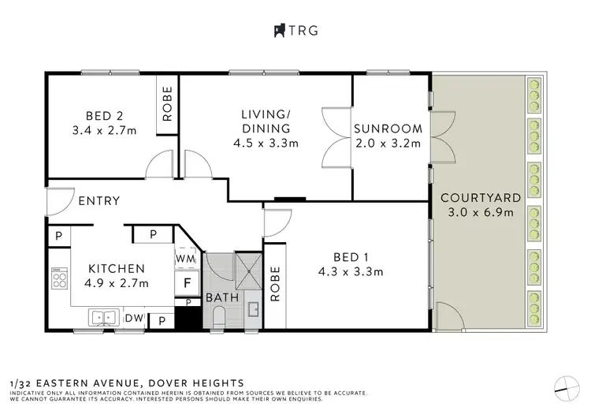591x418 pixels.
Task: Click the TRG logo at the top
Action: [x=295, y=31]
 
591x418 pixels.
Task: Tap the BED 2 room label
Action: [x=104, y=116]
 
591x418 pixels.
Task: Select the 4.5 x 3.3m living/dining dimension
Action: [x=266, y=144]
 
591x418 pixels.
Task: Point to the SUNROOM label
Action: [x=388, y=129]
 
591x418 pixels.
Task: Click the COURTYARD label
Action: [x=481, y=198]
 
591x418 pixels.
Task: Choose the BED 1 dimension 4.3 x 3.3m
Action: [x=351, y=271]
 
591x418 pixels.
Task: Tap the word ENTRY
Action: [x=99, y=200]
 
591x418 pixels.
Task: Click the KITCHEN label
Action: [x=117, y=269]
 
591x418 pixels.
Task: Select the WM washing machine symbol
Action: [x=186, y=258]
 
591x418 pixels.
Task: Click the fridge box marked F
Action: [x=187, y=283]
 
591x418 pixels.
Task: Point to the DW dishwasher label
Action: [x=134, y=319]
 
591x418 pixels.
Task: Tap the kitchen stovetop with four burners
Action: [x=60, y=278]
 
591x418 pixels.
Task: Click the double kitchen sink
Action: [x=104, y=318]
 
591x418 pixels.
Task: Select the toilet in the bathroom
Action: [x=218, y=317]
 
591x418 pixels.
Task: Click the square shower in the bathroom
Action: [x=249, y=271]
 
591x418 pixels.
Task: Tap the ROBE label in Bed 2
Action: [x=167, y=104]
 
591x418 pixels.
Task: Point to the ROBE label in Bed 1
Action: [x=276, y=284]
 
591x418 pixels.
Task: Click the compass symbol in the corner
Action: [x=567, y=389]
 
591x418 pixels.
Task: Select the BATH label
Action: [x=222, y=297]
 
